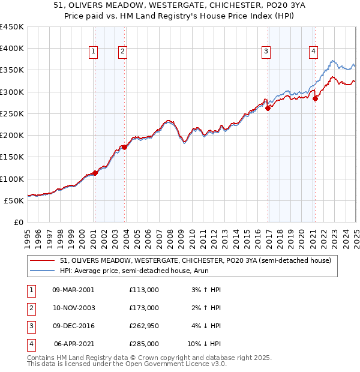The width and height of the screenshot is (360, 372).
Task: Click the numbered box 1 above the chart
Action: [x=94, y=52]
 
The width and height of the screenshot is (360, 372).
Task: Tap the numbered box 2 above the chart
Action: [x=122, y=52]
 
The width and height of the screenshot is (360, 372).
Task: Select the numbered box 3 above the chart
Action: [x=265, y=52]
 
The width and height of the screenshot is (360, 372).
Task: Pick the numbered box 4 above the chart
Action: [x=313, y=52]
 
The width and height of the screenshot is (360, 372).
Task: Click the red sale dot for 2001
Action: [x=95, y=173]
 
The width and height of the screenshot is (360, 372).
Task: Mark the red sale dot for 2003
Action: [x=124, y=146]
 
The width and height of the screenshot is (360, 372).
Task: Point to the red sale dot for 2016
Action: [x=268, y=108]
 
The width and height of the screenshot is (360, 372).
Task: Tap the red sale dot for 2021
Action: [x=315, y=99]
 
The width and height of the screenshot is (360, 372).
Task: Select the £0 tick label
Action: [x=18, y=222]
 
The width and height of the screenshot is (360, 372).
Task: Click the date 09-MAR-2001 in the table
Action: [x=73, y=290]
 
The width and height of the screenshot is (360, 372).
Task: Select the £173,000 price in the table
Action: [x=144, y=308]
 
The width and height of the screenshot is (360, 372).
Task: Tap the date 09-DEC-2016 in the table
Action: [x=73, y=326]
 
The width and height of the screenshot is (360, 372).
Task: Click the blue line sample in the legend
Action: [x=42, y=271]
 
